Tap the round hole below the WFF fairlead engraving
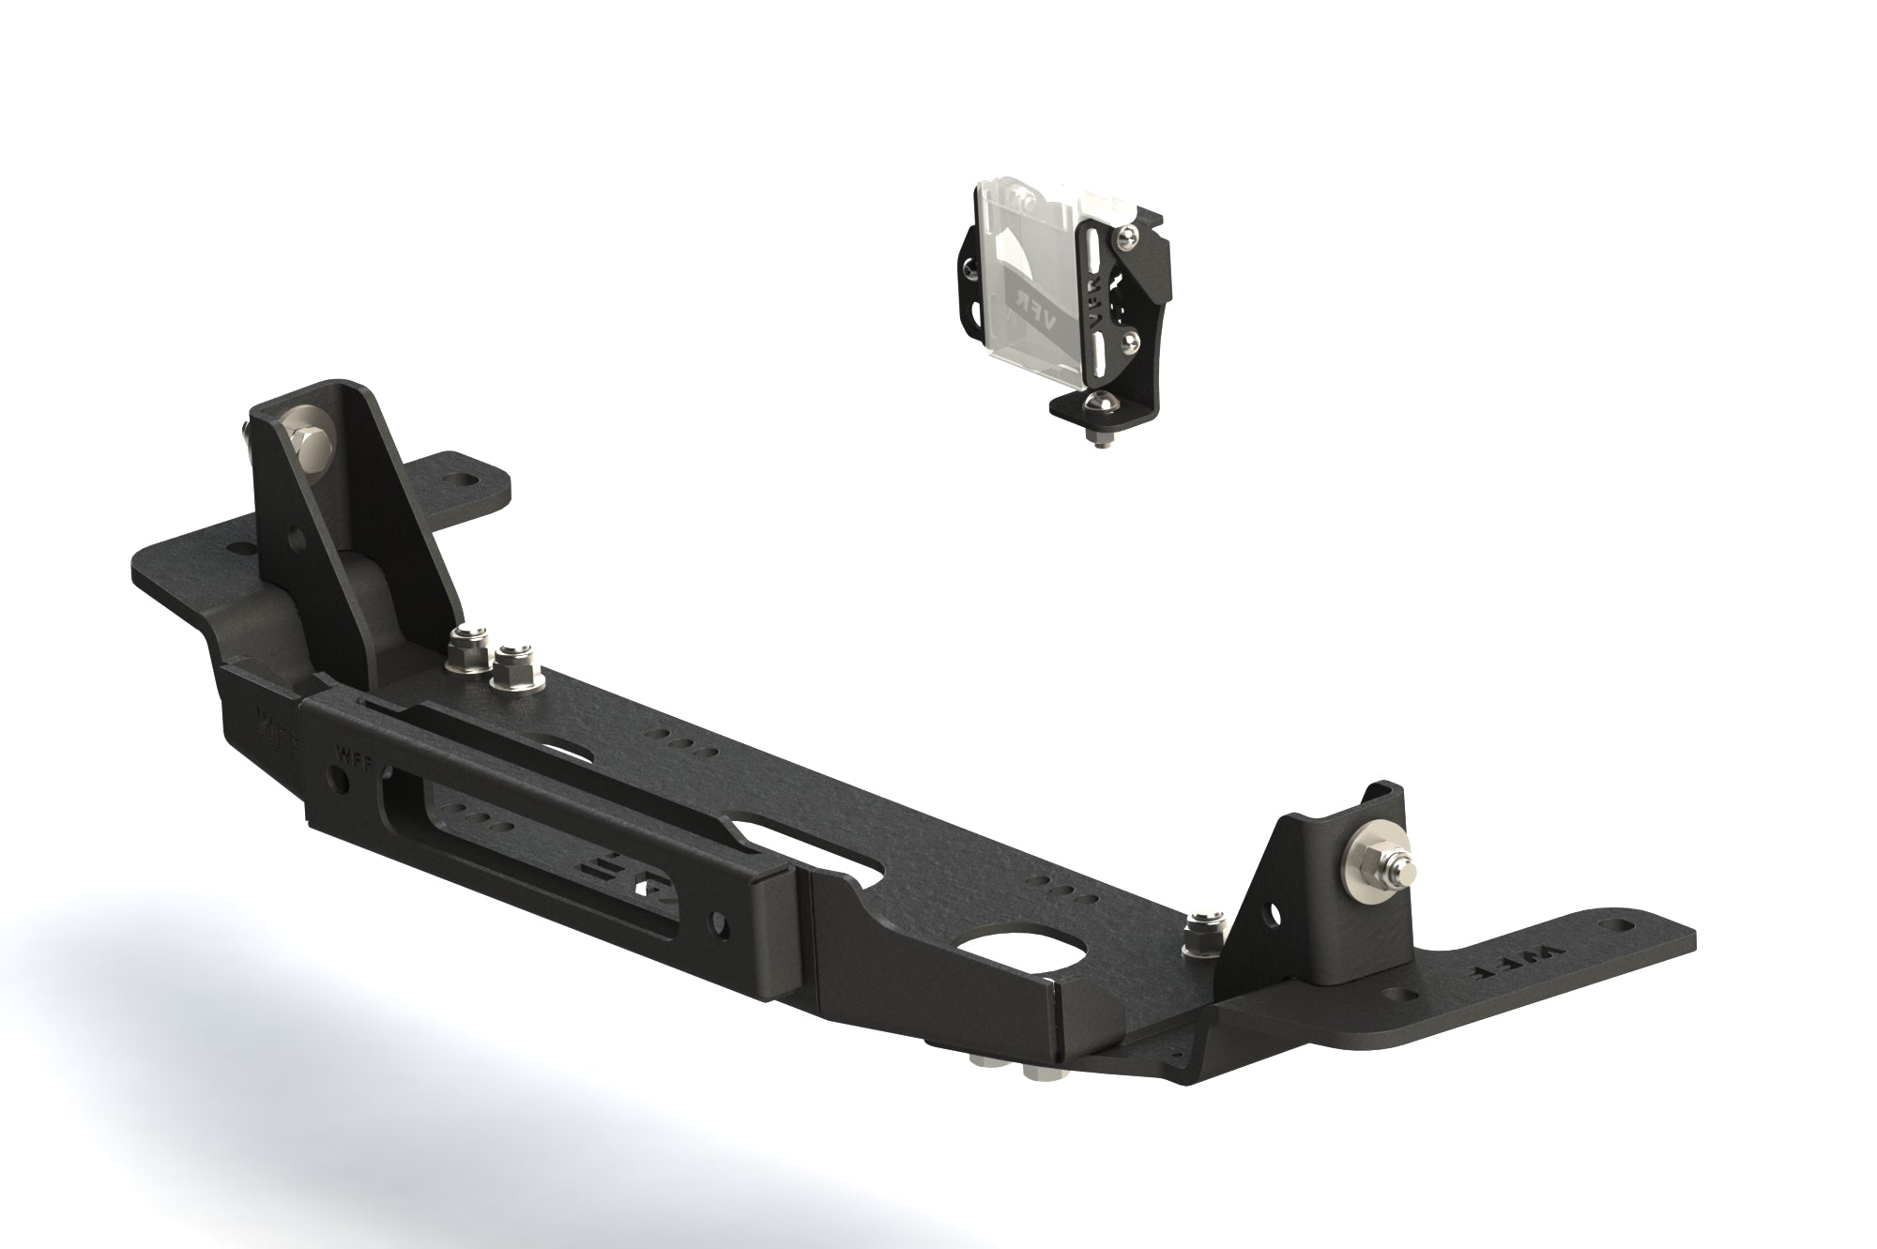click(x=337, y=778)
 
